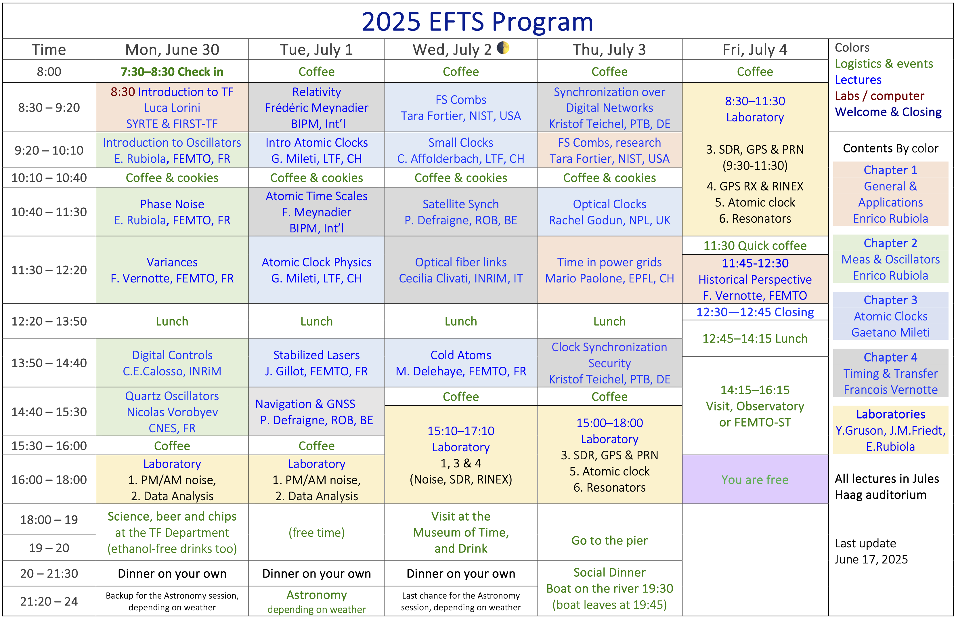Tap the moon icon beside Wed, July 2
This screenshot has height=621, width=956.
click(503, 48)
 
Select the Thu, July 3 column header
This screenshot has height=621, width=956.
click(609, 49)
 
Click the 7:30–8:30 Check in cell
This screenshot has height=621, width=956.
click(172, 72)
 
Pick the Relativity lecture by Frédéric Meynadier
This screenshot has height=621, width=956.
click(317, 108)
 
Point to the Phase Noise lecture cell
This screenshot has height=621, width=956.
click(172, 212)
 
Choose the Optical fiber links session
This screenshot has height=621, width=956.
click(461, 270)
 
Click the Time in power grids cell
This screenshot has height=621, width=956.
click(609, 270)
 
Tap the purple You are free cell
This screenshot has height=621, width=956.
click(755, 479)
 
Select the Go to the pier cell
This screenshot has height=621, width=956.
click(609, 540)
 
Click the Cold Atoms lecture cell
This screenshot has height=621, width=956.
click(461, 363)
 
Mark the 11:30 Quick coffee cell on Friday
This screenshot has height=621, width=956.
click(755, 245)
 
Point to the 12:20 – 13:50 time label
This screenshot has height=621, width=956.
click(49, 321)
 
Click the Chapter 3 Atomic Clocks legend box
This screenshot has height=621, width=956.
click(890, 316)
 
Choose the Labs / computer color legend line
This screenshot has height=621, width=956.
click(879, 95)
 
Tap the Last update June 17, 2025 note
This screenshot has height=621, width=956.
click(871, 551)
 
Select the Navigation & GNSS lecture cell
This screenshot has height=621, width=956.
click(317, 412)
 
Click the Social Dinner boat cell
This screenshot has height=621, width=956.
click(609, 588)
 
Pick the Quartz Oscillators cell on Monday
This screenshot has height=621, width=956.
click(172, 412)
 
